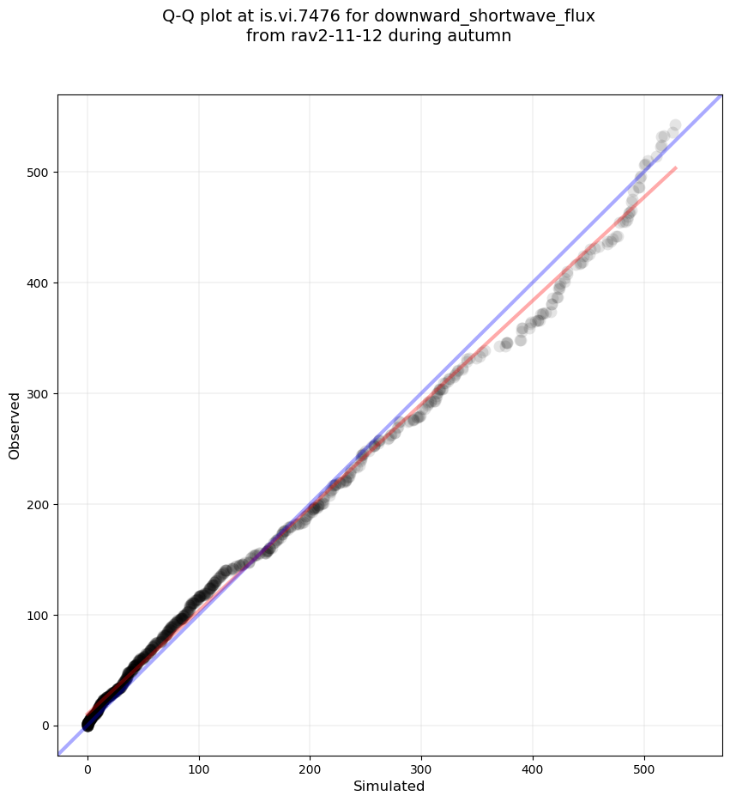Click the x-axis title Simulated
[389, 786]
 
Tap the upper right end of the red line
[676, 167]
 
